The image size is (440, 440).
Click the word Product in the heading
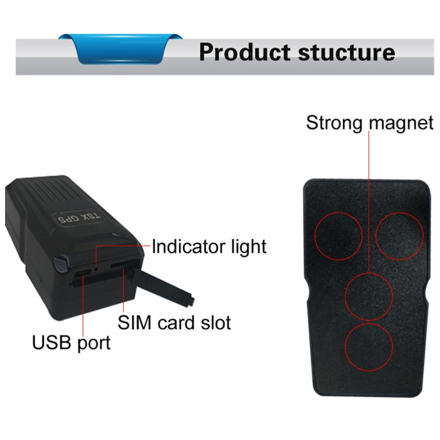click(245, 52)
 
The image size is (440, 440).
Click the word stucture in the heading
click(347, 52)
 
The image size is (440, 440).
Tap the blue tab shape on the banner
click(120, 49)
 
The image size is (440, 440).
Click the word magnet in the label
click(401, 123)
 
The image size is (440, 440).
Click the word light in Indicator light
click(249, 247)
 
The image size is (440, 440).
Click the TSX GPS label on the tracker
click(79, 218)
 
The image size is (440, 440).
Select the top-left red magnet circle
click(339, 236)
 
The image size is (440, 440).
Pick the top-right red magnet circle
click(400, 236)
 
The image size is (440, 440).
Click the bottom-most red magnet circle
click(369, 347)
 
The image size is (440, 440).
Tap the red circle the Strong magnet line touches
click(369, 296)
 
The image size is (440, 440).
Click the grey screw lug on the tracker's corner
click(61, 263)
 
